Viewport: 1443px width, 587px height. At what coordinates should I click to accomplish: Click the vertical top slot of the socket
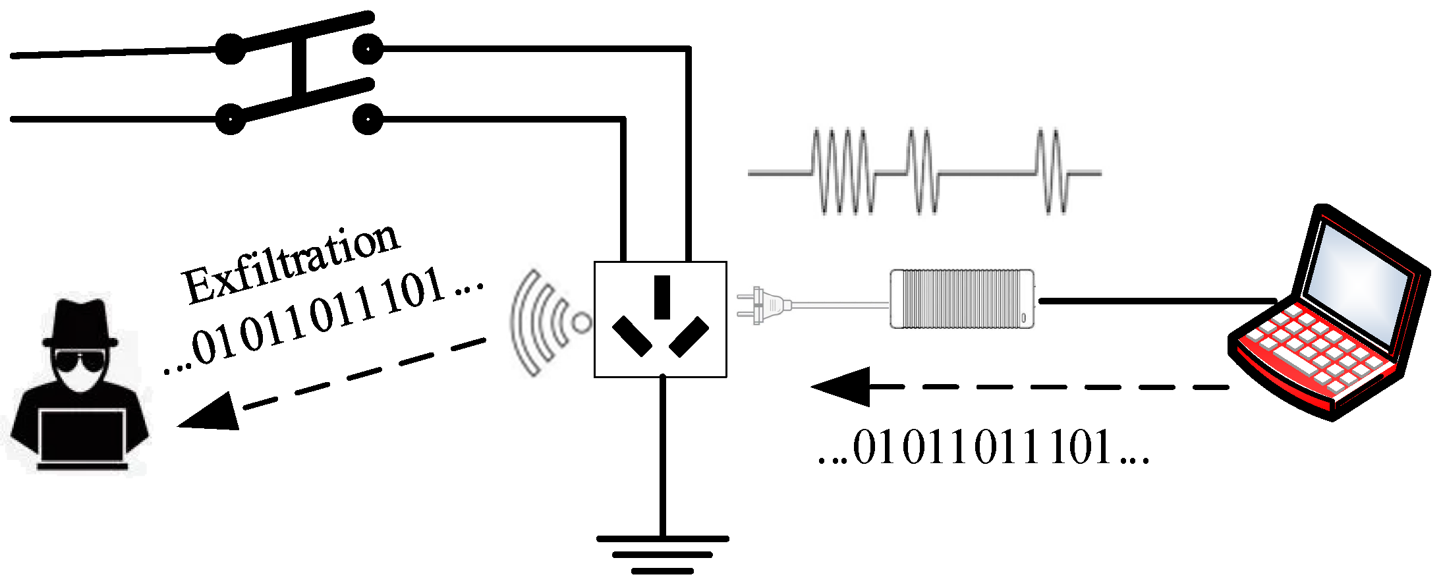pyautogui.click(x=662, y=297)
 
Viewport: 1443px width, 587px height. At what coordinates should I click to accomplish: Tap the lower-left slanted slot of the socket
pyautogui.click(x=632, y=336)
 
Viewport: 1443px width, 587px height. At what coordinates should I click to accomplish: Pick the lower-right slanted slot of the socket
pyautogui.click(x=689, y=336)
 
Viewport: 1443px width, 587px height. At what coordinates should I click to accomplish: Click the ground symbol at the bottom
pyautogui.click(x=662, y=554)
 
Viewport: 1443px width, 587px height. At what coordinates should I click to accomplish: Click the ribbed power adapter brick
pyautogui.click(x=961, y=298)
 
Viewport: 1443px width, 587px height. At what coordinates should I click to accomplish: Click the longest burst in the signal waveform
pyautogui.click(x=842, y=173)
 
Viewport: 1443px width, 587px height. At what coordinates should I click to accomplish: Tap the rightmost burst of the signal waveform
pyautogui.click(x=1051, y=173)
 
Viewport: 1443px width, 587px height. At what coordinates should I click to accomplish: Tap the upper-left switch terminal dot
pyautogui.click(x=231, y=49)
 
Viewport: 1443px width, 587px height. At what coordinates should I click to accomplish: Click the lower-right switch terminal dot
pyautogui.click(x=367, y=120)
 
